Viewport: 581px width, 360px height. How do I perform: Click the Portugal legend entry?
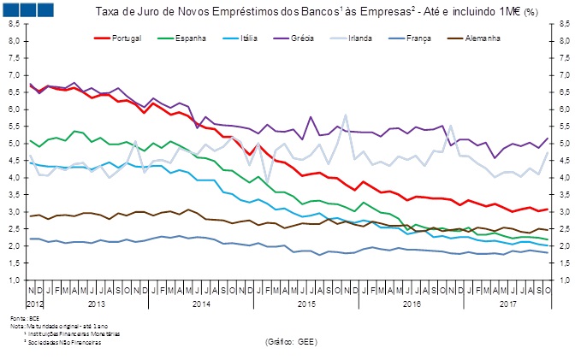coord(124,38)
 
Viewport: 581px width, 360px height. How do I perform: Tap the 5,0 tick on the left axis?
coord(15,144)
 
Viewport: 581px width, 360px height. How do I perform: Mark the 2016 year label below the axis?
coord(412,304)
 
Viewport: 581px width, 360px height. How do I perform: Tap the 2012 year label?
coord(34,304)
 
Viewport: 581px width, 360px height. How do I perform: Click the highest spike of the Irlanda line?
coord(346,115)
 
